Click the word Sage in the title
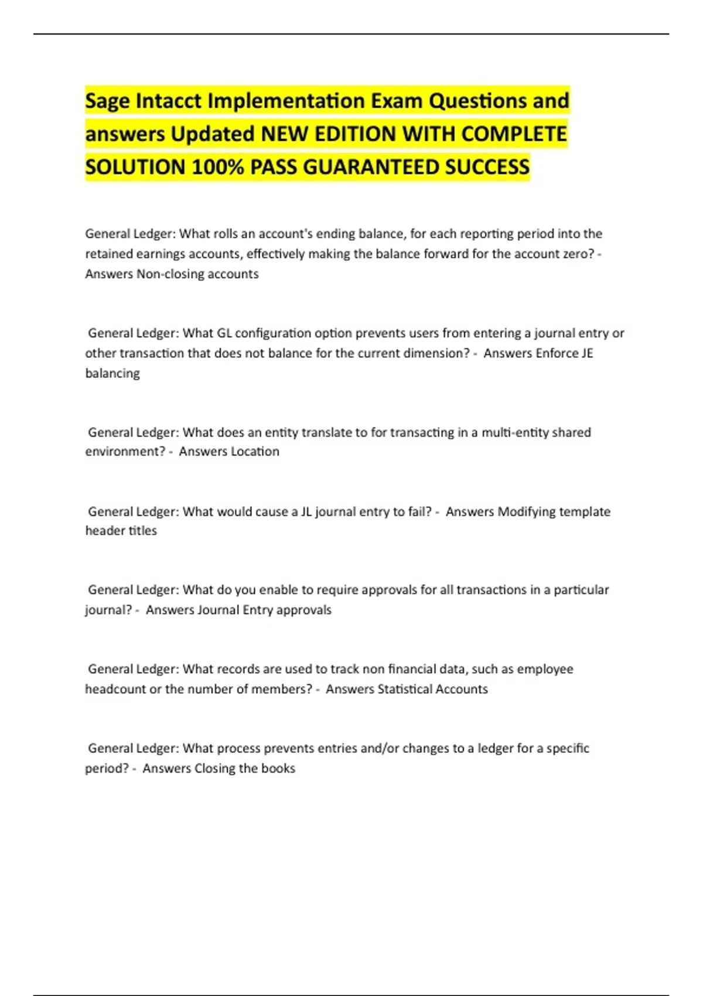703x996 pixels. pyautogui.click(x=108, y=101)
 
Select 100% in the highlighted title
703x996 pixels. pyautogui.click(x=217, y=168)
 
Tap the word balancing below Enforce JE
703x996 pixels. pyautogui.click(x=112, y=373)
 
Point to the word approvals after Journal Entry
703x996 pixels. pyautogui.click(x=303, y=610)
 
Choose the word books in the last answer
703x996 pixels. pyautogui.click(x=278, y=768)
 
